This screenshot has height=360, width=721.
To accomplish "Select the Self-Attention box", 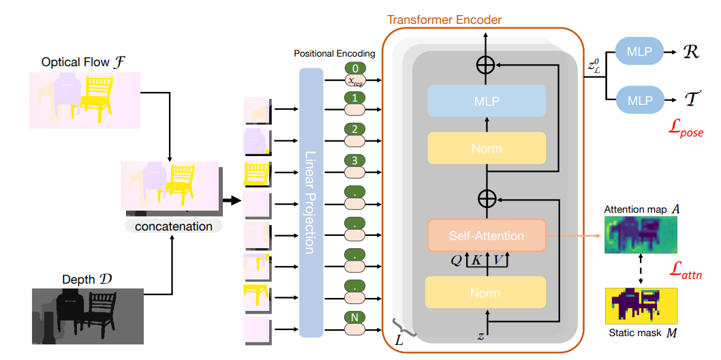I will point(486,235).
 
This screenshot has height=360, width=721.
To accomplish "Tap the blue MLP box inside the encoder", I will point(487,101).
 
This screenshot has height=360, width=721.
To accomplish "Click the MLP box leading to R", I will point(639,51).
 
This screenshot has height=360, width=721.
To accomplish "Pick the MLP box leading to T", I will point(639,100).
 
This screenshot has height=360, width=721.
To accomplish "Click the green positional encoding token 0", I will point(355,68).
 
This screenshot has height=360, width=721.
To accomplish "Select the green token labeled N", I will point(355,318).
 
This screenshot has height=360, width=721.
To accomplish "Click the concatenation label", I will point(173,226).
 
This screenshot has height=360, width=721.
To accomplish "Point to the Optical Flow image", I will point(85,100).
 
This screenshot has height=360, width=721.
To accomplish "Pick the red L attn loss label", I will point(686,275).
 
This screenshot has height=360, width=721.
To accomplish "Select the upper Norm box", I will point(487,148).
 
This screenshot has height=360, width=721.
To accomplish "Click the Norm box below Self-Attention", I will point(487,293).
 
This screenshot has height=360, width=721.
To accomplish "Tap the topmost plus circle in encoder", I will point(486,65).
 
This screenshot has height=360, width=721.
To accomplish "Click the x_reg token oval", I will point(355,80).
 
